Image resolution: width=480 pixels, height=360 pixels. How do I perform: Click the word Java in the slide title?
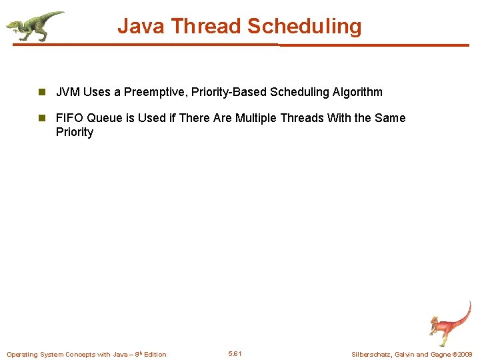tap(141, 27)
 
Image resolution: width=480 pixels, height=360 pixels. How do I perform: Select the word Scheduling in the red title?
tap(304, 27)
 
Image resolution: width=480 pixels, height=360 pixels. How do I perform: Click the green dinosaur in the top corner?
tap(35, 25)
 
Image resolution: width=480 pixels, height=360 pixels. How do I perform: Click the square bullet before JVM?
tap(41, 92)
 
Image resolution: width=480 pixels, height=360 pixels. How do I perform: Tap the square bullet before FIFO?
tap(41, 118)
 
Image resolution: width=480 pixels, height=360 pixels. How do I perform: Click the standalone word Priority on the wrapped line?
tap(75, 132)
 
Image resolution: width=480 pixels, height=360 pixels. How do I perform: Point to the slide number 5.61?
tap(235, 353)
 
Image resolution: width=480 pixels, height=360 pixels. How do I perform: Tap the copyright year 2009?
tap(464, 354)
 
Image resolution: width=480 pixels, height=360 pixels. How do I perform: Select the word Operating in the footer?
tap(22, 354)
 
